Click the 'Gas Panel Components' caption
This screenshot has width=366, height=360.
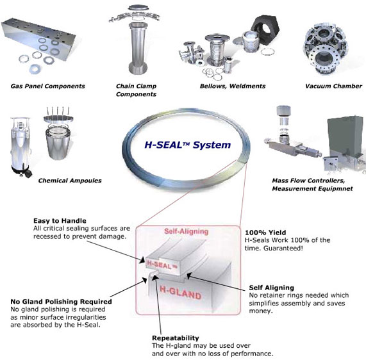point(47,86)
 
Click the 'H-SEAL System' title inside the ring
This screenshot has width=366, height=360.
point(197,145)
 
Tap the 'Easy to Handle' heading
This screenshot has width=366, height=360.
point(61,220)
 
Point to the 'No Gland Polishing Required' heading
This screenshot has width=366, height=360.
point(61,301)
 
